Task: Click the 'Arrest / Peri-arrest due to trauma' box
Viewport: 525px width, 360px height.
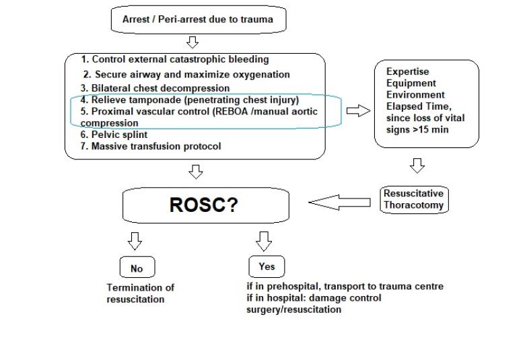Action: pos(197,20)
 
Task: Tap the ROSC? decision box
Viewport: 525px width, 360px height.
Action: pos(205,205)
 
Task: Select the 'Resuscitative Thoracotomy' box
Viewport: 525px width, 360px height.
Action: pos(414,200)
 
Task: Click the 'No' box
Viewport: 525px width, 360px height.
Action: pos(137,268)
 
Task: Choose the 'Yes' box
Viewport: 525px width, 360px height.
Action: pos(267,266)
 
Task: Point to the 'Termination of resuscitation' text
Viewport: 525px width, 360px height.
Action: pos(140,293)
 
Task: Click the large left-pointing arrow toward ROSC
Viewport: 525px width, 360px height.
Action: pos(339,202)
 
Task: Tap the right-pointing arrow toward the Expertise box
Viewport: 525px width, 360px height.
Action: pos(358,111)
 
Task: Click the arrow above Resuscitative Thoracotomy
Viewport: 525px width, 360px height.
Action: pos(417,166)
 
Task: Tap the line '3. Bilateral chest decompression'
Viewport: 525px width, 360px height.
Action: pos(155,88)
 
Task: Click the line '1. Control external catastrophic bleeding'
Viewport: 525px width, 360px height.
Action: pos(175,60)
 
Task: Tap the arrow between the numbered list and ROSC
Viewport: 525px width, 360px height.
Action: pos(196,173)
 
